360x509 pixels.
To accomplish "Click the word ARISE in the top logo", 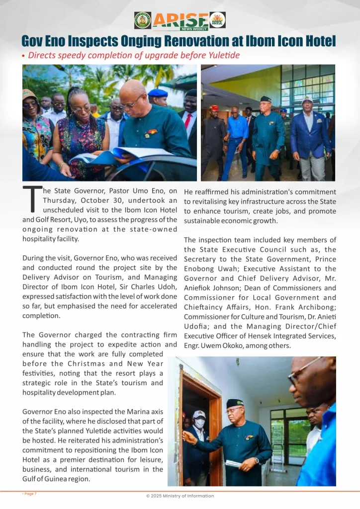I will (180, 19).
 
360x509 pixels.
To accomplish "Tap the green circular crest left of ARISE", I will (142, 20).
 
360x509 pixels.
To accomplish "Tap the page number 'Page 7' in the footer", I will (30, 494).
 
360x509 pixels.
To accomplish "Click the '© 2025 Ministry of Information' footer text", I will (180, 496).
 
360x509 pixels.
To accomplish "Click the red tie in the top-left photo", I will (187, 121).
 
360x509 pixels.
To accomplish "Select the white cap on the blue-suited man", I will (307, 99).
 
